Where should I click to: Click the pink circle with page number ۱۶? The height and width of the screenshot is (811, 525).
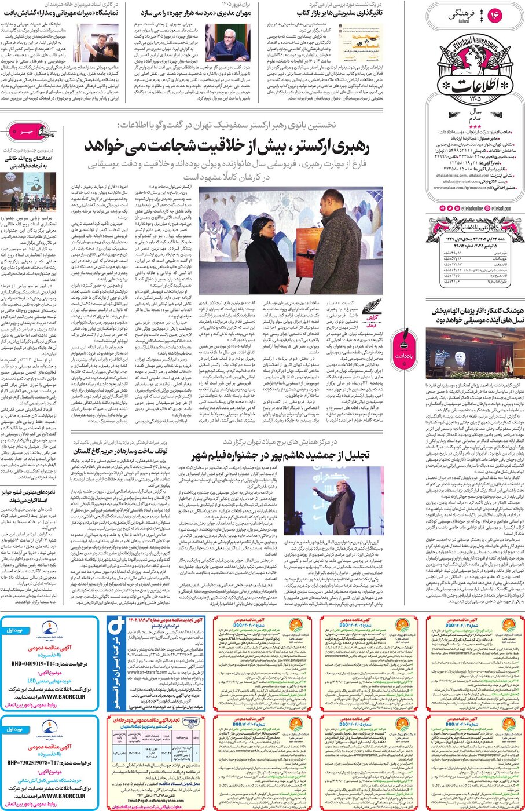coord(495,16)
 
